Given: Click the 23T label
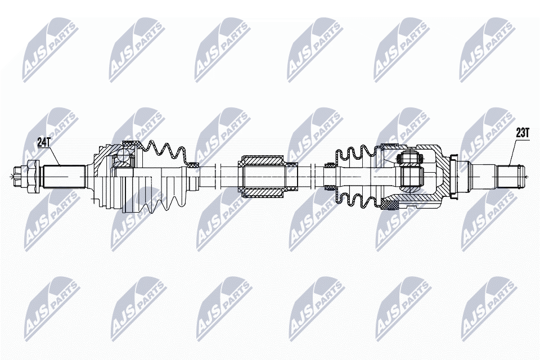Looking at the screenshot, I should click(523, 133).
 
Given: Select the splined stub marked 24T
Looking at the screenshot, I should click(62, 175).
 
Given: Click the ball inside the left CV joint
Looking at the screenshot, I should click(124, 159).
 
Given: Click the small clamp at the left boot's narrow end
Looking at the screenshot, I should click(193, 165).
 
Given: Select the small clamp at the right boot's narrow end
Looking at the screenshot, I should click(328, 165).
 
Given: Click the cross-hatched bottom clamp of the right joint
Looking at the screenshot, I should click(389, 204).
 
